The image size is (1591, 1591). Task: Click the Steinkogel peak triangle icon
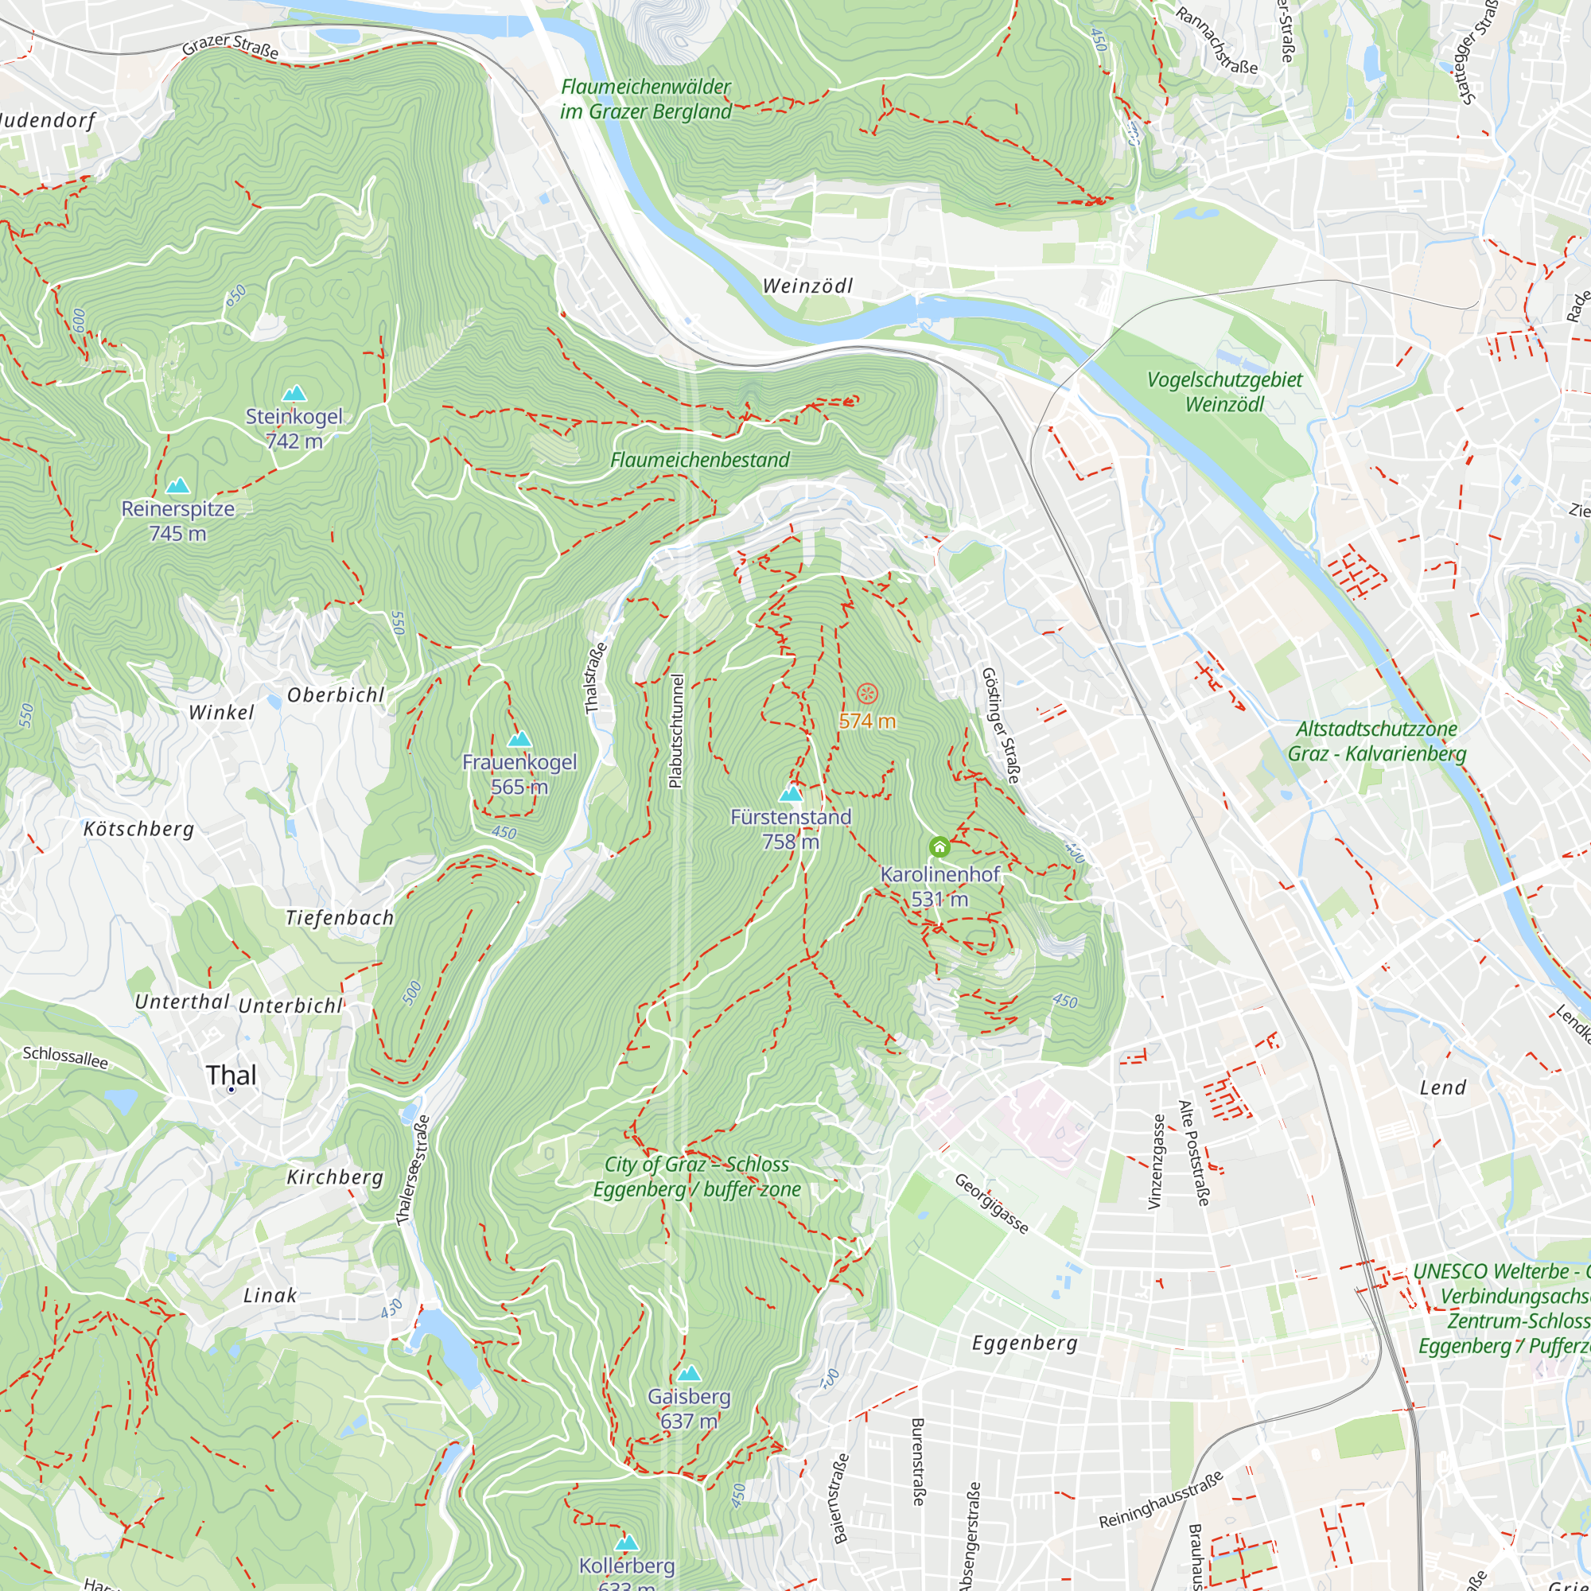point(294,394)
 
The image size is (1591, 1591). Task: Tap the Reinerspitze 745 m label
point(178,520)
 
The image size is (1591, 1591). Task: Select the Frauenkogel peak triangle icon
point(519,739)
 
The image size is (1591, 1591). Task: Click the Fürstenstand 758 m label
point(791,828)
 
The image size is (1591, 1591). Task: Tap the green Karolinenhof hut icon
point(939,846)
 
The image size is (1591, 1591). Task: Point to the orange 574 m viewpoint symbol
point(867,694)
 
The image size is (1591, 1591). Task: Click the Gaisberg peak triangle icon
point(689,1374)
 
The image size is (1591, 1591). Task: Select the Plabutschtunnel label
point(676,731)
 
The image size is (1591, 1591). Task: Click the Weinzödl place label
point(807,286)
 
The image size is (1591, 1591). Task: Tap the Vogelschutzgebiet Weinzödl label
point(1224,392)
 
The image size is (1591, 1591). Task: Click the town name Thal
point(231,1075)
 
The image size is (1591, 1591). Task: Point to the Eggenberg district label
point(1025,1343)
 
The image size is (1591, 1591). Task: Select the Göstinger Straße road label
point(1001,725)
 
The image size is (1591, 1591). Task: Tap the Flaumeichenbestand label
point(700,460)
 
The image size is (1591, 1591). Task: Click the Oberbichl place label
point(336,695)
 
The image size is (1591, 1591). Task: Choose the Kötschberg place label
point(139,828)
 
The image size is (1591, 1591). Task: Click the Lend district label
point(1443,1087)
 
